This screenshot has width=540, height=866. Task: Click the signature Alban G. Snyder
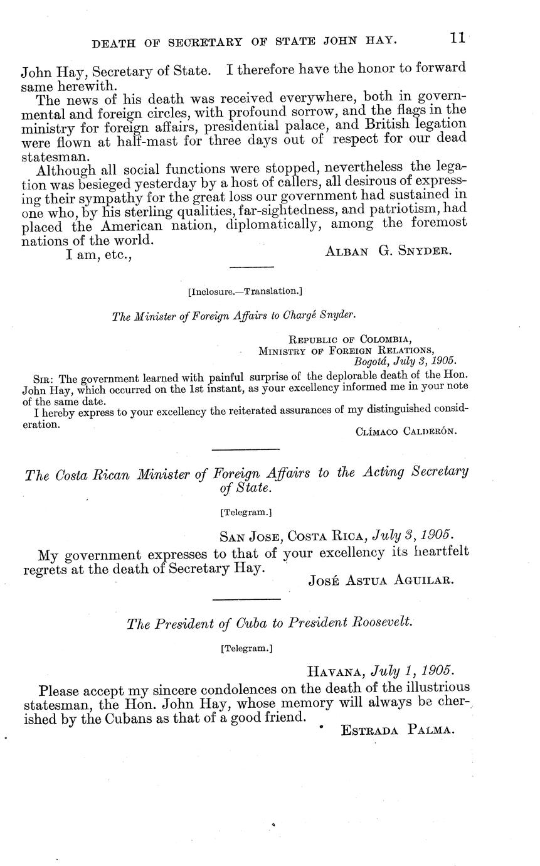388,251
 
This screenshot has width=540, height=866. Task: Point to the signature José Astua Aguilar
381,580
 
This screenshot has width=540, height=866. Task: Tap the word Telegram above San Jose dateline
246,513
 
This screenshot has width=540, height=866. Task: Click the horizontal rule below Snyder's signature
252,267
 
